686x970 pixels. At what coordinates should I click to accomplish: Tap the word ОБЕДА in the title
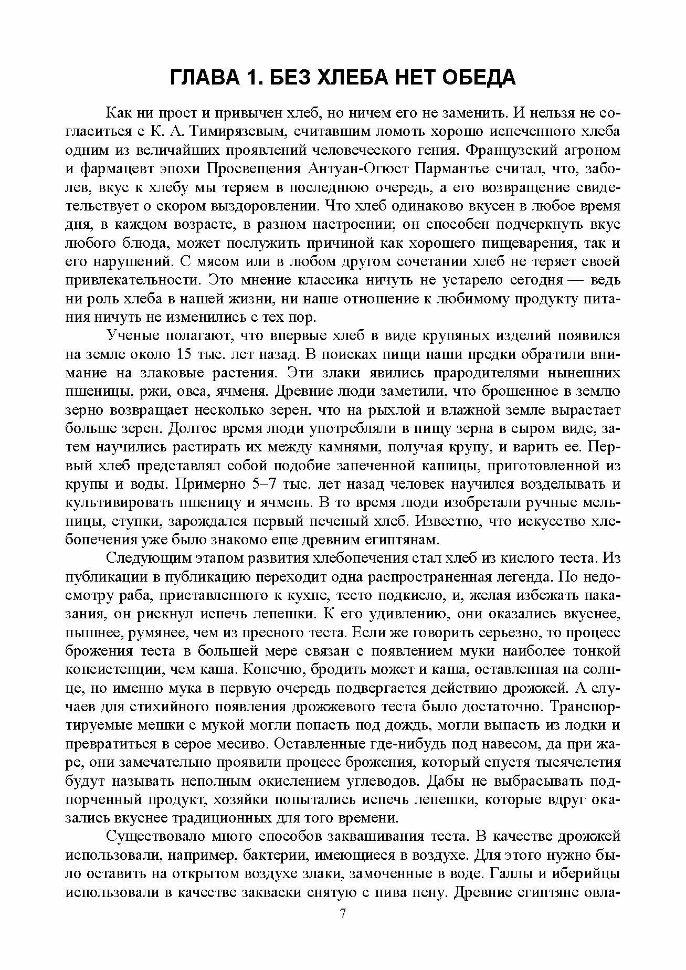[479, 78]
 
